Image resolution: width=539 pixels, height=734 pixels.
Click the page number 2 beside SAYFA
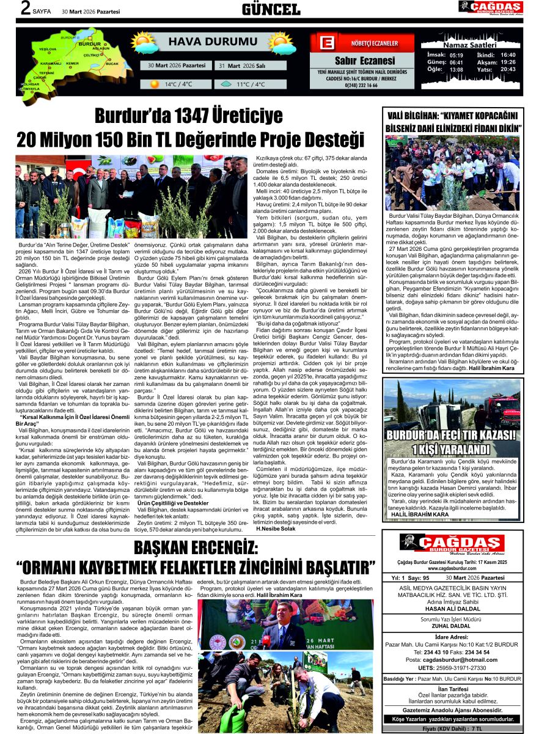tap(25, 8)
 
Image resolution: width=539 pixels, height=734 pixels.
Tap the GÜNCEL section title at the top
tap(271, 9)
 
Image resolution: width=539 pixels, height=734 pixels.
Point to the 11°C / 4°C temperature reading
tap(251, 84)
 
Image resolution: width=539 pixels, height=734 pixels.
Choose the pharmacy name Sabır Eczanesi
tap(365, 61)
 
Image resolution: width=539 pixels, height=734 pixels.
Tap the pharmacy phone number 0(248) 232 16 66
tap(365, 85)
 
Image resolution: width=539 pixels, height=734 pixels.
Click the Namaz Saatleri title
tap(471, 45)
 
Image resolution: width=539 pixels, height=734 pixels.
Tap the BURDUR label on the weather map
tap(90, 45)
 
